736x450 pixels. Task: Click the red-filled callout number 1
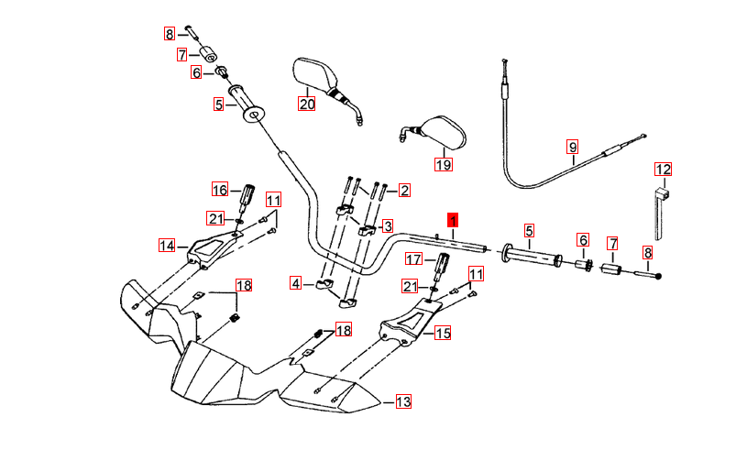(x=452, y=220)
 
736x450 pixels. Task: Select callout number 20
(x=306, y=104)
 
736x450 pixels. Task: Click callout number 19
(x=443, y=165)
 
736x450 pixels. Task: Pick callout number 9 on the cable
(x=572, y=147)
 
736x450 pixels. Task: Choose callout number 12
(x=662, y=169)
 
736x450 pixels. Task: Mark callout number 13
(x=403, y=401)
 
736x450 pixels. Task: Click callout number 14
(x=167, y=246)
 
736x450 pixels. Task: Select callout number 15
(x=443, y=334)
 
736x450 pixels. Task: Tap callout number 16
(x=220, y=190)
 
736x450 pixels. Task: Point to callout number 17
(x=413, y=260)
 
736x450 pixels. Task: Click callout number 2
(x=403, y=191)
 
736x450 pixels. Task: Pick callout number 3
(x=387, y=225)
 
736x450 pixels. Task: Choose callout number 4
(x=295, y=284)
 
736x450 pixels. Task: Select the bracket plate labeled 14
(x=210, y=250)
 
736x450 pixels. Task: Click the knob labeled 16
(x=247, y=195)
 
